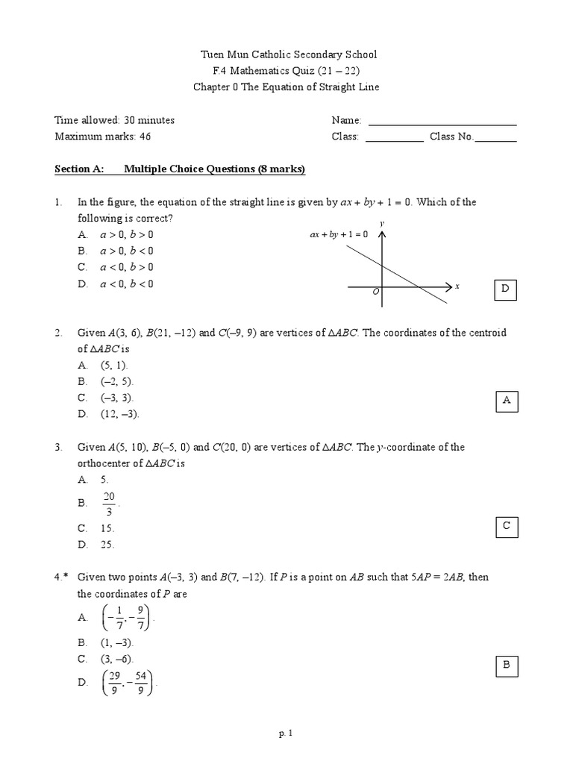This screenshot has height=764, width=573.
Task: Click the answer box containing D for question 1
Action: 505,288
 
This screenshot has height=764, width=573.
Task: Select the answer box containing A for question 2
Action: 506,401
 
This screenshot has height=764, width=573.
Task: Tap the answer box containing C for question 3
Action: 506,527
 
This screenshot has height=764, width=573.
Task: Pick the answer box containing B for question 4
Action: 506,665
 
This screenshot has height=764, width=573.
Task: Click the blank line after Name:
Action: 442,123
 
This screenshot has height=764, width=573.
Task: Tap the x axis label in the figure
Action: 457,286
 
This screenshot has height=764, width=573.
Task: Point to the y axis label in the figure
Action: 382,223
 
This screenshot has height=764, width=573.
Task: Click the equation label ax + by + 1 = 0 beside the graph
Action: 339,234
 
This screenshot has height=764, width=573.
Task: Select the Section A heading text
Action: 181,169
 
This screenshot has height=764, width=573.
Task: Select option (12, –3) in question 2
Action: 120,414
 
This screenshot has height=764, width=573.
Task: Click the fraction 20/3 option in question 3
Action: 110,504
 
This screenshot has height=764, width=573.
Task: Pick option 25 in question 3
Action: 108,545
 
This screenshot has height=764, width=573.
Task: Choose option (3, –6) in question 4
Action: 117,659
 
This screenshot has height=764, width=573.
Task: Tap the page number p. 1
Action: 286,734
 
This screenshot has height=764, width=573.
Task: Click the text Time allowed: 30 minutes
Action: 115,120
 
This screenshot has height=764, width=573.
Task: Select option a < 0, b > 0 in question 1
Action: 127,267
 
